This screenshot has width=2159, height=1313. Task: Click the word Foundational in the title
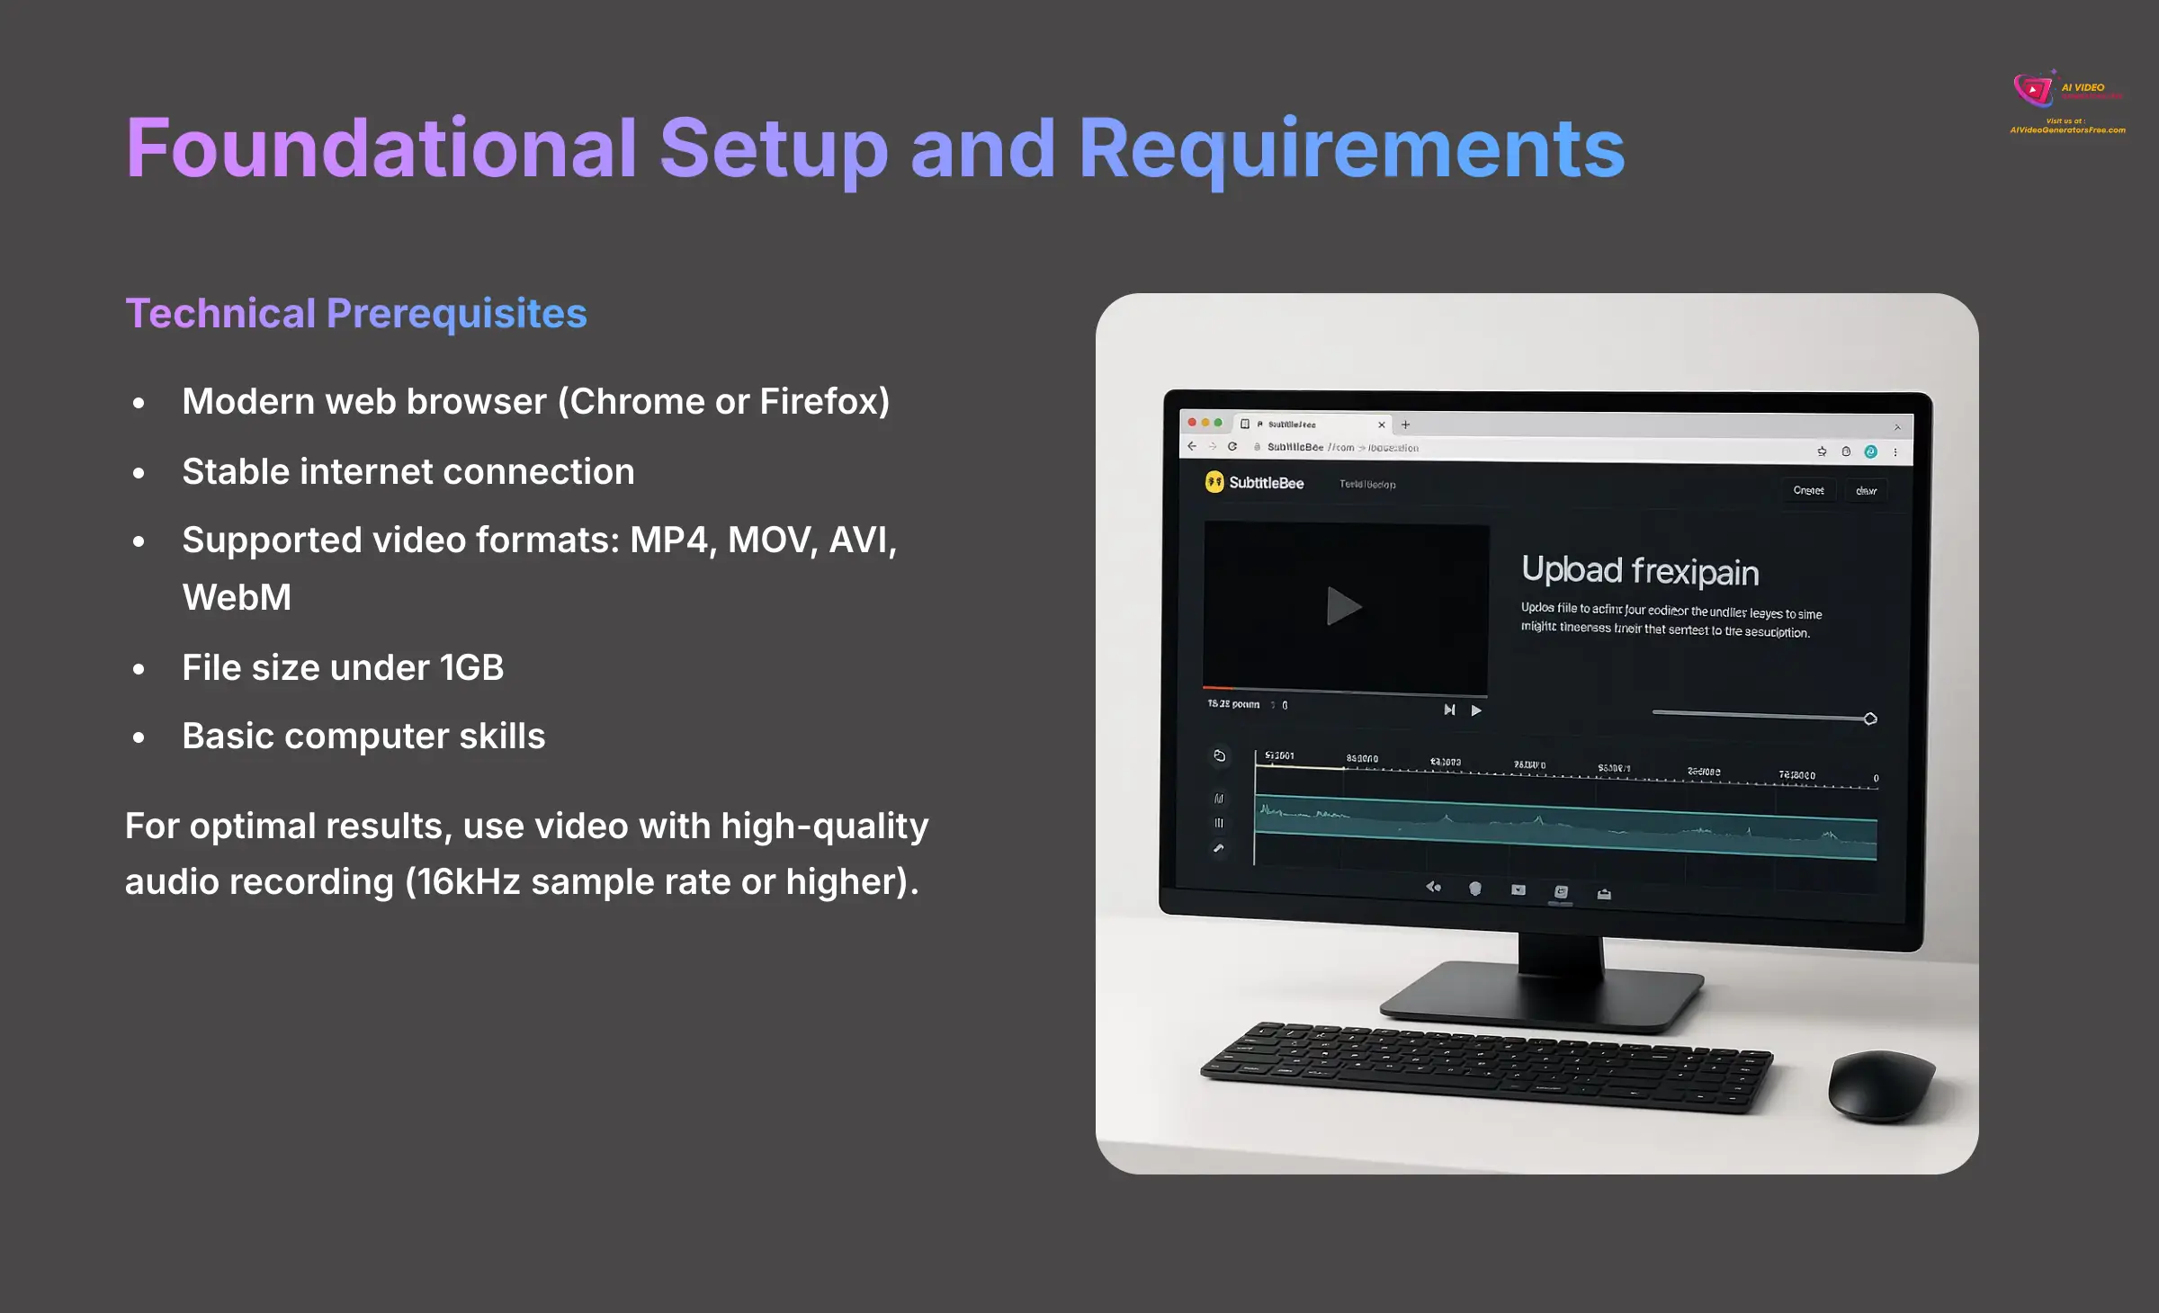pos(381,148)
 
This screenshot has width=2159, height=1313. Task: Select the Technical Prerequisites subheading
pos(355,314)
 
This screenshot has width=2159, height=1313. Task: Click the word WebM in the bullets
pos(237,598)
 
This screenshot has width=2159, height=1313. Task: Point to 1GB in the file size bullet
pos(471,668)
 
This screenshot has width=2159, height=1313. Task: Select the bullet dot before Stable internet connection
pos(139,473)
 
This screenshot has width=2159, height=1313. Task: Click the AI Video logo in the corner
pos(2035,90)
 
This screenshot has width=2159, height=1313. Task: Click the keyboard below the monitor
pos(1484,1066)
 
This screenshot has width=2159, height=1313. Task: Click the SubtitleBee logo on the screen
pos(1255,483)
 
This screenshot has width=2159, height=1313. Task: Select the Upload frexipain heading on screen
pos(1639,571)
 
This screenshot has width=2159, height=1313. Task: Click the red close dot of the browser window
pos(1192,423)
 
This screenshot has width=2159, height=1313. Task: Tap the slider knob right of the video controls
pos(1870,719)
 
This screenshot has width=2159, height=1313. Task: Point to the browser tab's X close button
pos(1382,425)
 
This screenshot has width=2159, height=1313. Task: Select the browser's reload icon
pos(1232,447)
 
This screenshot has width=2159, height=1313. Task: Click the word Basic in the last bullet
pos(228,737)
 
